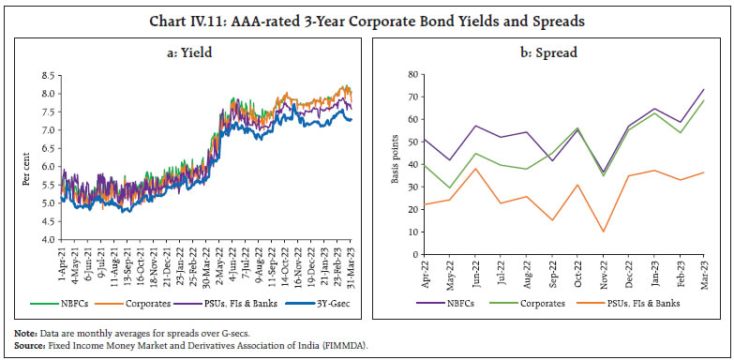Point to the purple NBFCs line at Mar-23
click(703, 89)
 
